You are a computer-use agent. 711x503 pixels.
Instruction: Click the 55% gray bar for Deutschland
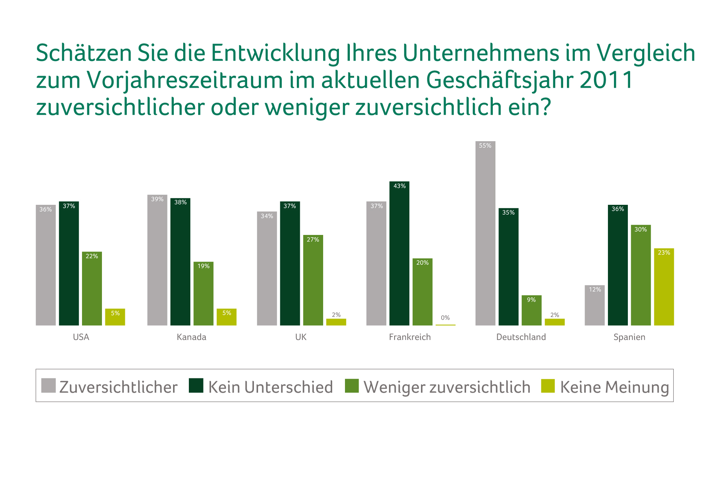[x=485, y=233]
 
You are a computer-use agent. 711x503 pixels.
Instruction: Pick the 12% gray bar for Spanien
[x=594, y=305]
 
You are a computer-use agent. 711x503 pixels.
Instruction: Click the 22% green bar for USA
[x=92, y=288]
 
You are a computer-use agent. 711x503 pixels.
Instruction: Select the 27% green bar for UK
[x=313, y=280]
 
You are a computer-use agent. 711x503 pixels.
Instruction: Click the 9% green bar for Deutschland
[x=531, y=310]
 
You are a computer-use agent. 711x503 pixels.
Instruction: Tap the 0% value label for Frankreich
[x=445, y=318]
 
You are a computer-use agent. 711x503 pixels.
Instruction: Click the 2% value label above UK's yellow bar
[x=336, y=315]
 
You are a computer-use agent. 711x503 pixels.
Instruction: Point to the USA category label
[x=81, y=337]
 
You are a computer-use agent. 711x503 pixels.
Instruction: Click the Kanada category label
[x=191, y=337]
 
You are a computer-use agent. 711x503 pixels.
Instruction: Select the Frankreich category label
[x=410, y=337]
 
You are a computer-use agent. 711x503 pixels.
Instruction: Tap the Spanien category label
[x=629, y=337]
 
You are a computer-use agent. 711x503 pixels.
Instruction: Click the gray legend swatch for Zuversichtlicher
[x=49, y=386]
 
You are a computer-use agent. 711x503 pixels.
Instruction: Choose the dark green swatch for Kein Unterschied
[x=196, y=386]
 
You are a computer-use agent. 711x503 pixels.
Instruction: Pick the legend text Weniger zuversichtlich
[x=447, y=387]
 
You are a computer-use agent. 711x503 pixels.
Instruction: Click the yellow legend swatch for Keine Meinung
[x=548, y=386]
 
